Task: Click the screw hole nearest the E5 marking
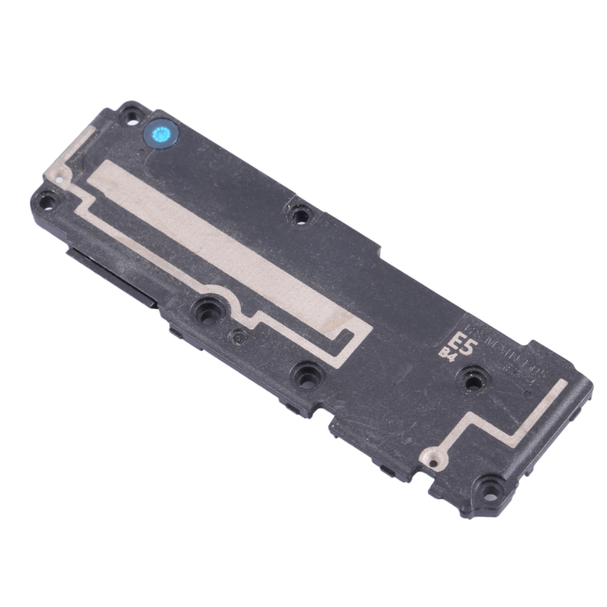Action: (x=475, y=380)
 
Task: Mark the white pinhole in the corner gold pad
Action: (x=54, y=180)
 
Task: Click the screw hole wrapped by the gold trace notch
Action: (x=206, y=309)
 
